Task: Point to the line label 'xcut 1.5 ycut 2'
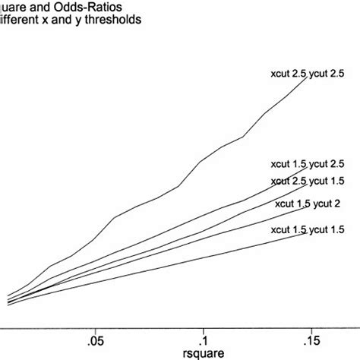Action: click(307, 204)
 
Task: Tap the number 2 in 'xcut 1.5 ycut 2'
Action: click(336, 204)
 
